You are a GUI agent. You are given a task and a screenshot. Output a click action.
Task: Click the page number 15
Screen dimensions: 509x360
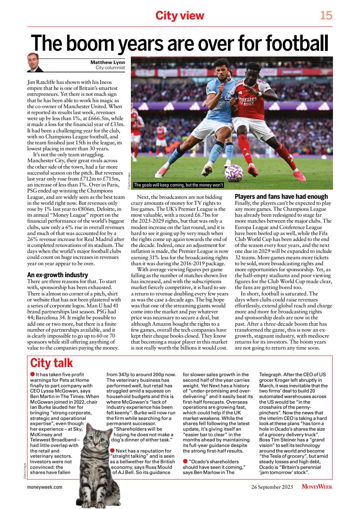326,16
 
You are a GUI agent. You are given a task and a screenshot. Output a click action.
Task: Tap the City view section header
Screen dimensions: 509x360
179,16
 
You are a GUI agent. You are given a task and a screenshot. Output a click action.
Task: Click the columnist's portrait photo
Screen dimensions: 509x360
35,62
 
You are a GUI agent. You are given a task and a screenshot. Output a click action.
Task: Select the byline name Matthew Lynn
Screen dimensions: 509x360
107,62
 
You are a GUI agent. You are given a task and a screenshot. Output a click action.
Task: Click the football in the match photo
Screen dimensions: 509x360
234,173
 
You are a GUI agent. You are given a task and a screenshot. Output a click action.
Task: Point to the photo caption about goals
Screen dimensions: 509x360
179,185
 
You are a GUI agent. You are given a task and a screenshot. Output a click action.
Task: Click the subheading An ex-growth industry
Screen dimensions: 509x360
57,275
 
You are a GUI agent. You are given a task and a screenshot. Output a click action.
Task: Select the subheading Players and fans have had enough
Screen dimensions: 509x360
281,196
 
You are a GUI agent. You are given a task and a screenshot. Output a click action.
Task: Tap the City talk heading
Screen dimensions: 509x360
52,363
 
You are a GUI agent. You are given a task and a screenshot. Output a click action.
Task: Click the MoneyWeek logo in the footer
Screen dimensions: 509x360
317,487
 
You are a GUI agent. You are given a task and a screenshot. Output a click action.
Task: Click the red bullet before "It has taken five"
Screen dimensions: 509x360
33,374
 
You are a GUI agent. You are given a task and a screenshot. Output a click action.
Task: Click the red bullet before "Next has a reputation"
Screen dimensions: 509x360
112,450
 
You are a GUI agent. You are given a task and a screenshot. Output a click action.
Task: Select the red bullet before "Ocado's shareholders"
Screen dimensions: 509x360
185,461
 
